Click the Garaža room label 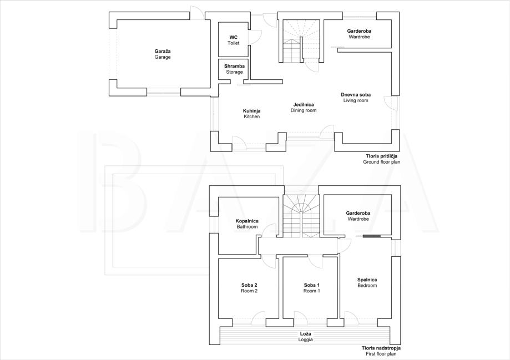coord(163,54)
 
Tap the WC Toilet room coord(234,40)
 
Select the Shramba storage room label coord(234,69)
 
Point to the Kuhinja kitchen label coord(252,114)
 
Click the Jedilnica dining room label coord(304,107)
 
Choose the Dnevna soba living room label coord(356,98)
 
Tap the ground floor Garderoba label coord(359,34)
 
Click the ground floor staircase coord(301,41)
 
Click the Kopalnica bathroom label coord(247,224)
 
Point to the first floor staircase coord(301,216)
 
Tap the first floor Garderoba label coord(358,216)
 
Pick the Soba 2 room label coord(249,288)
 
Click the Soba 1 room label coord(311,288)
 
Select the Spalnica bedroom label coord(367,282)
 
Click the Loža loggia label coord(305,337)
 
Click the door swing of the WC coord(256,37)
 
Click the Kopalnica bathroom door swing coord(269,230)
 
